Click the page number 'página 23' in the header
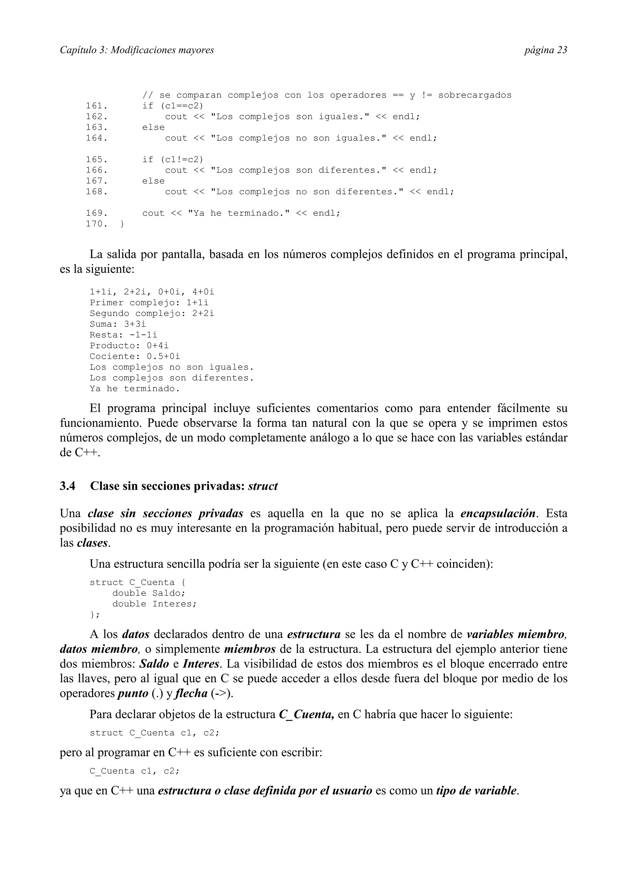[x=546, y=50]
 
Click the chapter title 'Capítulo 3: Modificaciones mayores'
[x=137, y=50]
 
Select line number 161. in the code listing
[x=96, y=106]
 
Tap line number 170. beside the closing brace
[x=96, y=224]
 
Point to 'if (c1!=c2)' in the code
[x=172, y=159]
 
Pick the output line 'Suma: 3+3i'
[x=118, y=324]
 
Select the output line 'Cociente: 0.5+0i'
[x=135, y=356]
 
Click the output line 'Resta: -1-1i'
[x=124, y=335]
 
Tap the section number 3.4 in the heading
[x=68, y=486]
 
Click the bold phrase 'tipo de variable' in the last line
[x=476, y=791]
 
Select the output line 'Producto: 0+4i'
[x=129, y=346]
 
